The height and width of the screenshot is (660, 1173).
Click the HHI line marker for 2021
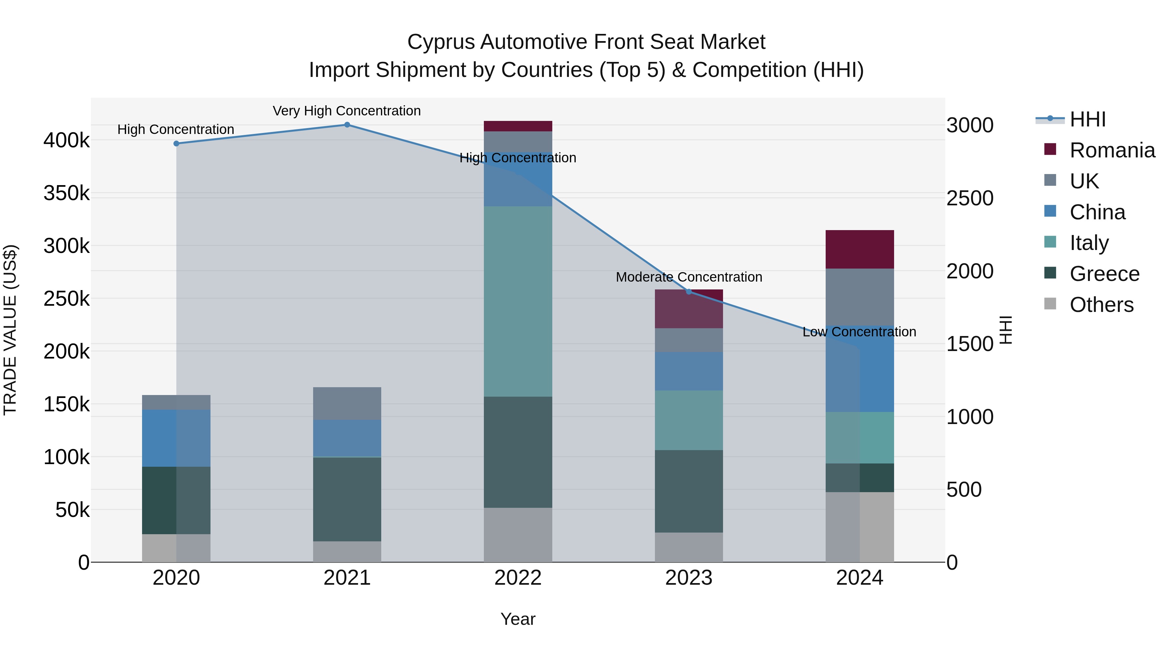(x=347, y=125)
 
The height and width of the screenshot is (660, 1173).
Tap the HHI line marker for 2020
(x=176, y=143)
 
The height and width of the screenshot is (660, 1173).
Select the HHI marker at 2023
(x=689, y=291)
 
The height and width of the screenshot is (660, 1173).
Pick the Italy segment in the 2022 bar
(x=518, y=301)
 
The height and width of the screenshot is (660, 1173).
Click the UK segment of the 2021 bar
(x=347, y=403)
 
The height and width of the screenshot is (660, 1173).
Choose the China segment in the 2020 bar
(x=176, y=438)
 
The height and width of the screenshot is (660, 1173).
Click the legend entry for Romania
(x=1111, y=150)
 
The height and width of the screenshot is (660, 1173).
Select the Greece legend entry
(x=1104, y=274)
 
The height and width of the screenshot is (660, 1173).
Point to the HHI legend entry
(x=1087, y=119)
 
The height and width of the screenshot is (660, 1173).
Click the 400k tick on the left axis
(x=66, y=140)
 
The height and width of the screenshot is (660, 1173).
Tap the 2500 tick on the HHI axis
(x=970, y=198)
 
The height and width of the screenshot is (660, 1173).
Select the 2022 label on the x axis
(x=518, y=578)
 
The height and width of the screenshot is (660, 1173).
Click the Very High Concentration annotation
(x=347, y=111)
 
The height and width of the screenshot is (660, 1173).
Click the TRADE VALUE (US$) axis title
(x=10, y=330)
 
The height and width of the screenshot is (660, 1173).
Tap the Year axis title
(x=518, y=619)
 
